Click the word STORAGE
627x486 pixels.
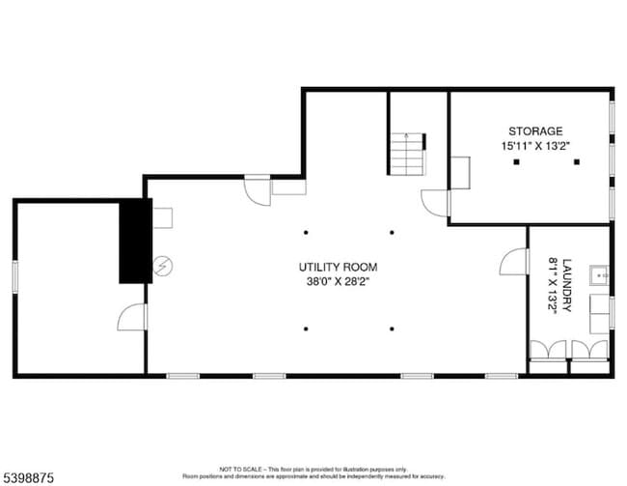535,130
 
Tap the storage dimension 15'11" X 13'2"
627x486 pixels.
535,146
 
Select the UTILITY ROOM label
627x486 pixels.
337,267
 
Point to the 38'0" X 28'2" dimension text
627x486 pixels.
337,282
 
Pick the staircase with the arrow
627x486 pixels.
407,153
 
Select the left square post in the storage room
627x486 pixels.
516,162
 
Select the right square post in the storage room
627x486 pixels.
576,162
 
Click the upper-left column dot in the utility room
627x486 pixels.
306,232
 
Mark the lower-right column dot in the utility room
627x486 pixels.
392,329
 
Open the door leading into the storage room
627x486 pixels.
436,203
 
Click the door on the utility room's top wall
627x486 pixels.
258,189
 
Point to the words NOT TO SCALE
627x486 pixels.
237,467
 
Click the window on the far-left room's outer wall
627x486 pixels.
14,274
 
